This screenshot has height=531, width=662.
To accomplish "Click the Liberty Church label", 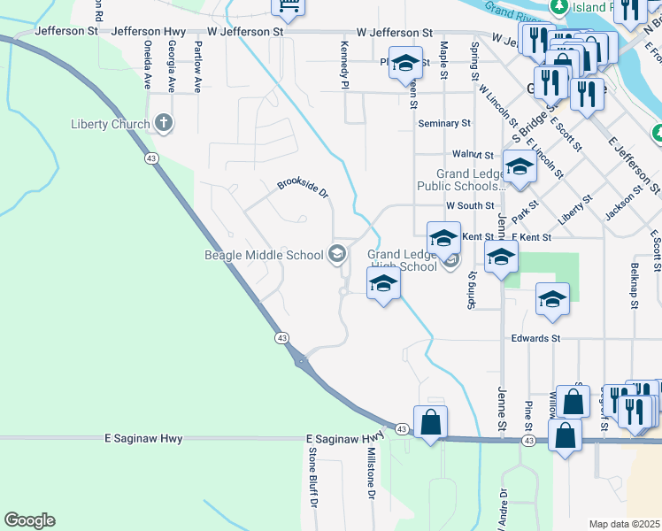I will (x=110, y=124).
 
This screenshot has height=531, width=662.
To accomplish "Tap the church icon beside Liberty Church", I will (x=163, y=123).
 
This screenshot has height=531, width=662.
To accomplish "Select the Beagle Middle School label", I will (x=264, y=256).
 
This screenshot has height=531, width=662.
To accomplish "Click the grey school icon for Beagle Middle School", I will (x=336, y=255).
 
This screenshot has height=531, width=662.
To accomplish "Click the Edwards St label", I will (x=535, y=338).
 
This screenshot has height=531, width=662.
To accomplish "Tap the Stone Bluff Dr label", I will (x=312, y=476).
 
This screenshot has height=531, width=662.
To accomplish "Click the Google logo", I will (x=29, y=520).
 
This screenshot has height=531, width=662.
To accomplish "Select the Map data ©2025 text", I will (x=625, y=524).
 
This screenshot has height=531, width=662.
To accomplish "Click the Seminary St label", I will (x=443, y=124).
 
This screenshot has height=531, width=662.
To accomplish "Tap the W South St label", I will (x=470, y=205).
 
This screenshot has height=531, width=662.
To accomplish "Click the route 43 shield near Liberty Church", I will (x=152, y=158).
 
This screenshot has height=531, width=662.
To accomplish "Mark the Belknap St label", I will (x=635, y=286).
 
